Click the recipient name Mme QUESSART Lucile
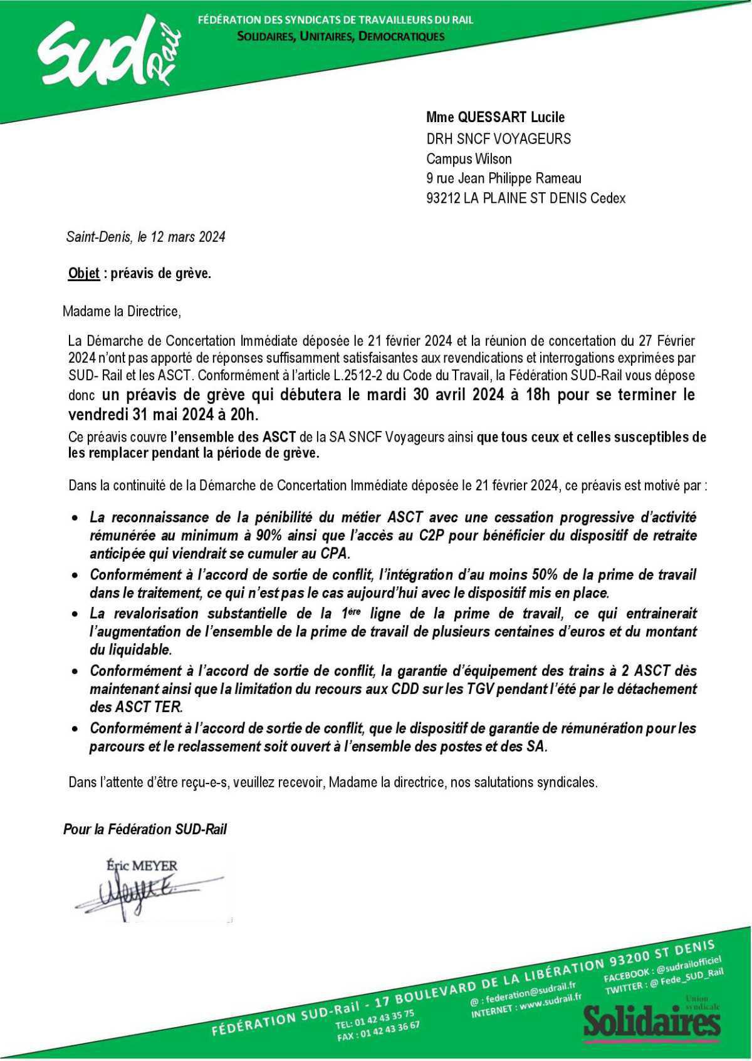495,117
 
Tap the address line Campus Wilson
468,158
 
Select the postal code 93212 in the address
443,199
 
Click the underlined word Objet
83,274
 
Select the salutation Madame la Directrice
122,311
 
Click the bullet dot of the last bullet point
75,729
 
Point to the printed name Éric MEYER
142,866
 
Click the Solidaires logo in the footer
652,1022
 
